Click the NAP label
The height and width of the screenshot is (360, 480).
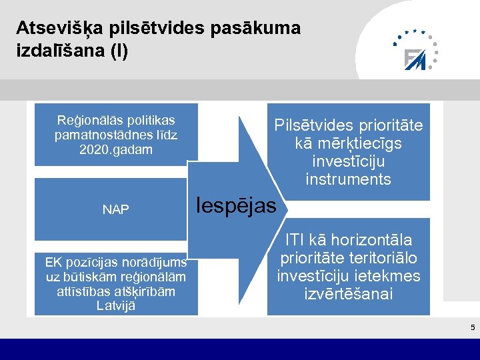(x=115, y=209)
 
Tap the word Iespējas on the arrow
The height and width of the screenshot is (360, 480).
(x=238, y=206)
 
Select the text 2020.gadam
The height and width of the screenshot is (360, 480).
(x=116, y=149)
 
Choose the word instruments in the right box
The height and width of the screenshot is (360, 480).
(x=348, y=179)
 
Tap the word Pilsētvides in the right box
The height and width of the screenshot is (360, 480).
(x=313, y=125)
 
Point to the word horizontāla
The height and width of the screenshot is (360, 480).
(x=377, y=240)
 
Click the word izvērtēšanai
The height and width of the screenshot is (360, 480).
(x=349, y=294)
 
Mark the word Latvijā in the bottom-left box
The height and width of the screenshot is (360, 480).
(x=116, y=306)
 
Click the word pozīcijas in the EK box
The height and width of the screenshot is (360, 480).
(x=90, y=262)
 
